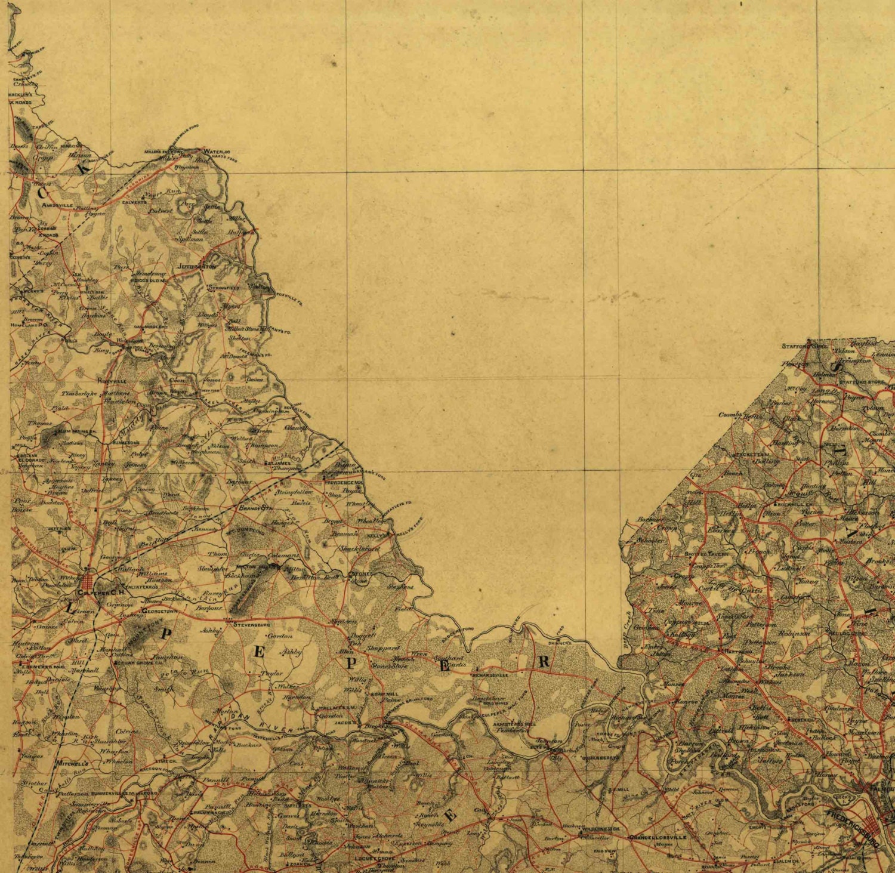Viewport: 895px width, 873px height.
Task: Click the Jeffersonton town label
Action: (x=196, y=266)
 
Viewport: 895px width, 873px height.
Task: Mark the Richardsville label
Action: (x=489, y=675)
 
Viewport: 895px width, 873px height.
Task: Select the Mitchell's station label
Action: (x=72, y=763)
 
